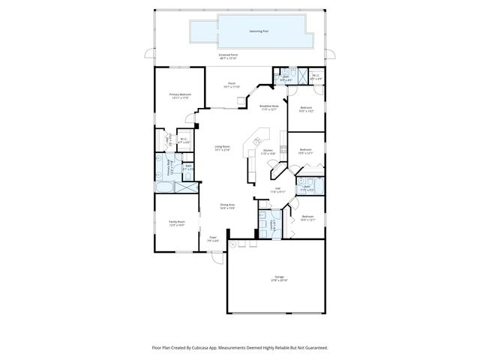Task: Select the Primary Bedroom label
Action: tap(179, 95)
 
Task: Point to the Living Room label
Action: tap(222, 148)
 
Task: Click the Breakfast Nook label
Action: tap(269, 108)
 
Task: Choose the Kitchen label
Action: tap(268, 152)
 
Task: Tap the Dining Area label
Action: tap(227, 206)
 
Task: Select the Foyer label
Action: tap(214, 239)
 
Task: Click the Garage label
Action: tap(279, 279)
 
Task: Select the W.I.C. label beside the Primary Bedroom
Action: tap(184, 140)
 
